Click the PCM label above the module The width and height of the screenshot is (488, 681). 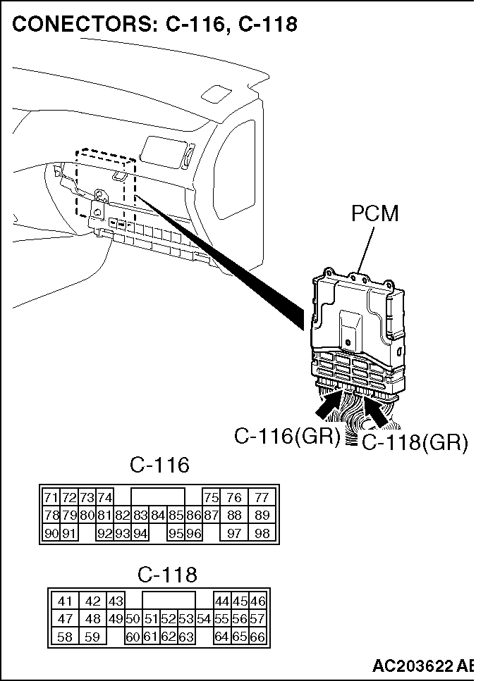pyautogui.click(x=375, y=214)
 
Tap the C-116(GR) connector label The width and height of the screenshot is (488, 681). pyautogui.click(x=287, y=436)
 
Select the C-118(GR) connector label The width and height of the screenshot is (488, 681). pyautogui.click(x=415, y=443)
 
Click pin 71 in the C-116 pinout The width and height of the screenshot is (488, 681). pyautogui.click(x=51, y=497)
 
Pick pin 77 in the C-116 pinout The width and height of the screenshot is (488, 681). pyautogui.click(x=262, y=497)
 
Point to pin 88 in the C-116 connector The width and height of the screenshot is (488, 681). pyautogui.click(x=234, y=515)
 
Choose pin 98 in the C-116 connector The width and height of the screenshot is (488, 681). pyautogui.click(x=262, y=533)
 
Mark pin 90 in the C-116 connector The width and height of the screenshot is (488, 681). pyautogui.click(x=51, y=533)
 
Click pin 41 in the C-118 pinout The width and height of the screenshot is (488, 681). pyautogui.click(x=65, y=601)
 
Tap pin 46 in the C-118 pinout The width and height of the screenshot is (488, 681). pyautogui.click(x=257, y=601)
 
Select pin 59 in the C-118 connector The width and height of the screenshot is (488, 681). pyautogui.click(x=92, y=637)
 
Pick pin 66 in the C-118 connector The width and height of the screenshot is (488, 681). pyautogui.click(x=257, y=637)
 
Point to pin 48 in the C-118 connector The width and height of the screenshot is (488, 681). pyautogui.click(x=92, y=618)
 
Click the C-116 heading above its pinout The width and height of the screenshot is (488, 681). pyautogui.click(x=159, y=465)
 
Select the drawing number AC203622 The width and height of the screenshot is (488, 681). pyautogui.click(x=414, y=665)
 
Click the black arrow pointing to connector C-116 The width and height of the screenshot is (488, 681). pyautogui.click(x=329, y=405)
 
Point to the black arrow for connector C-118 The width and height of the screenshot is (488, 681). pyautogui.click(x=377, y=411)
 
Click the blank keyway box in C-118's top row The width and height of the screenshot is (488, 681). pyautogui.click(x=169, y=601)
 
